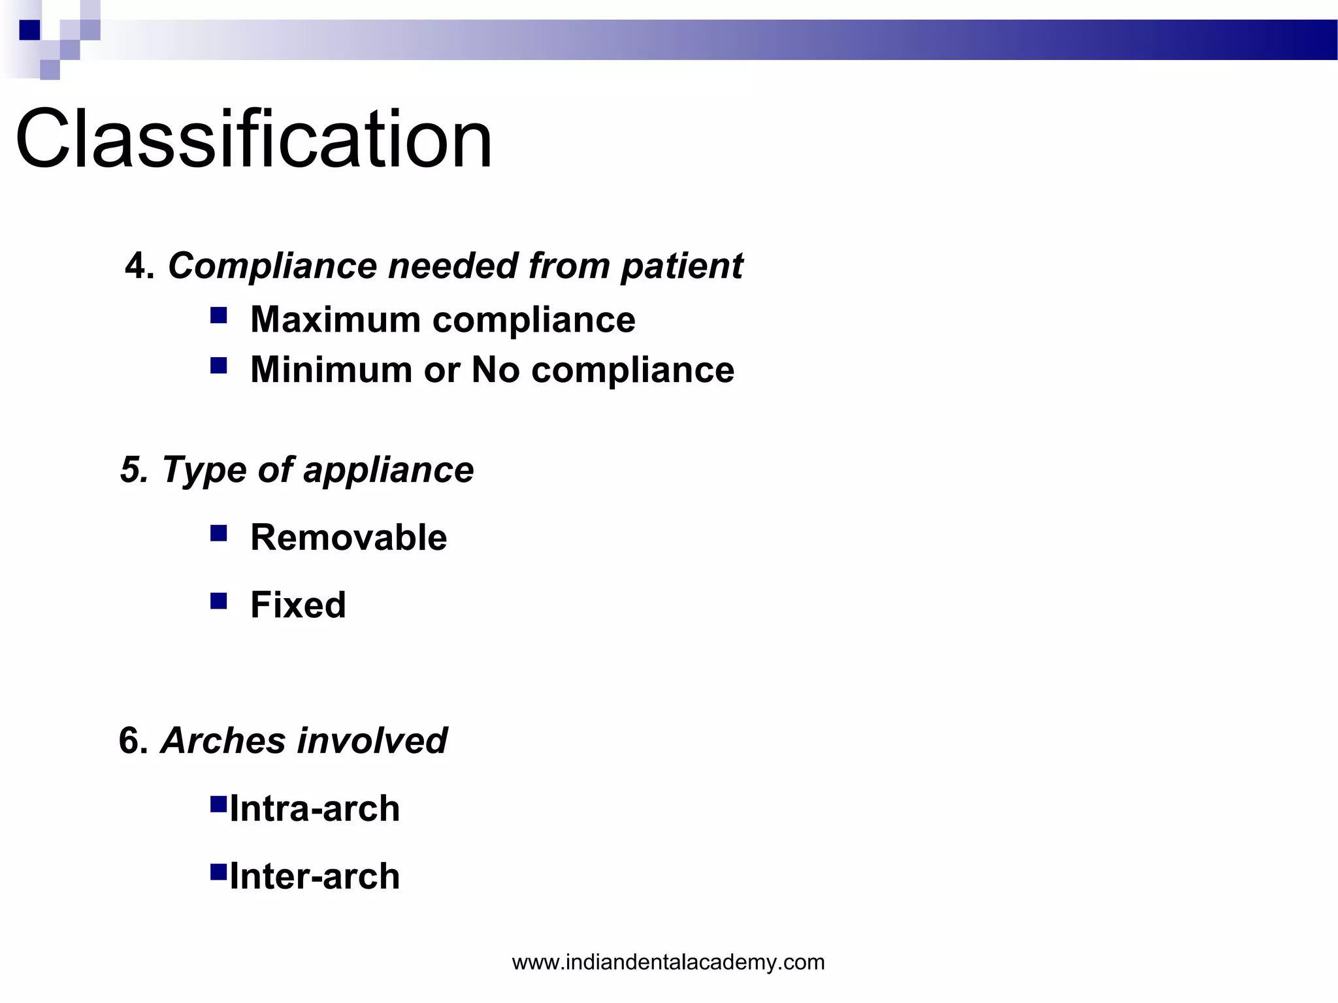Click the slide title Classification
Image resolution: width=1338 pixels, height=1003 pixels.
click(x=253, y=139)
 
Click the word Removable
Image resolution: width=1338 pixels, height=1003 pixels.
click(x=348, y=537)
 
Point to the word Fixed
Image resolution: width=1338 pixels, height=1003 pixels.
click(x=298, y=605)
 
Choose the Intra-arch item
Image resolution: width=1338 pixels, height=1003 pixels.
click(x=314, y=808)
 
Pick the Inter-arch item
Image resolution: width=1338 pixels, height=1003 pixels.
click(x=314, y=876)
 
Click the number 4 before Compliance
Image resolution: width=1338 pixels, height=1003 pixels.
click(x=136, y=266)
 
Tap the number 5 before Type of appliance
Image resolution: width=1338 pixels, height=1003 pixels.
click(x=131, y=470)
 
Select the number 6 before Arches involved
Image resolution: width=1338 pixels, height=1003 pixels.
click(x=131, y=741)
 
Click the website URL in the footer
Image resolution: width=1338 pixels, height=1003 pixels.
click(x=668, y=962)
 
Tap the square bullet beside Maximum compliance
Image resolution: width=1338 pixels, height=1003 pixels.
click(x=219, y=316)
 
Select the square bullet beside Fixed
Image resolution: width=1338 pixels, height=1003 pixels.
click(x=219, y=601)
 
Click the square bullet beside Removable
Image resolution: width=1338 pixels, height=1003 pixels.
click(x=219, y=533)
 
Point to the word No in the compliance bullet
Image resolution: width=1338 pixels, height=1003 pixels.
click(x=495, y=370)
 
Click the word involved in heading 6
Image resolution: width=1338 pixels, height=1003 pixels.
click(x=372, y=741)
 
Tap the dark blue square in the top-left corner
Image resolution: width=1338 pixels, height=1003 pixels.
click(x=29, y=30)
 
